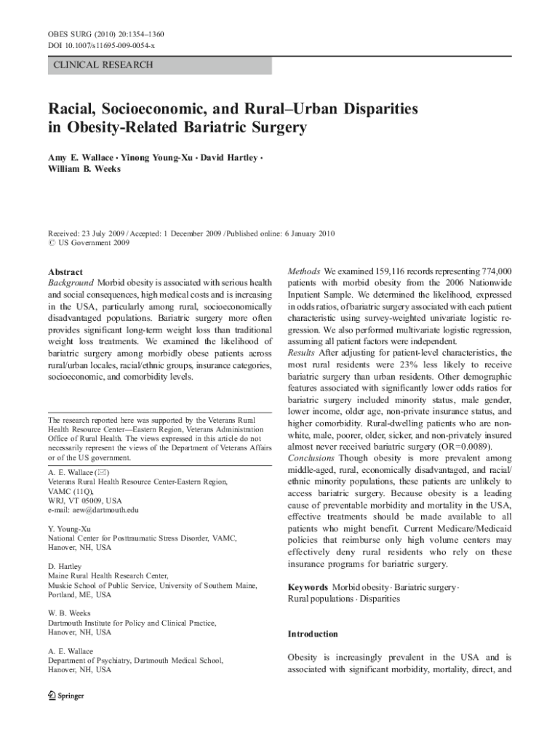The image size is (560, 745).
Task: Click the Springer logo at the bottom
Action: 65,695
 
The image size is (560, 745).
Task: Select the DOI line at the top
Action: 101,46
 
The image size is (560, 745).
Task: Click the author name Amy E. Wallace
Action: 80,158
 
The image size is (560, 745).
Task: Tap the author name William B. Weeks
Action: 84,170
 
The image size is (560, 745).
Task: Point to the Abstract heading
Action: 65,272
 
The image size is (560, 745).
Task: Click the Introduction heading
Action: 313,634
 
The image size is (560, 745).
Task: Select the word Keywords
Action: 308,586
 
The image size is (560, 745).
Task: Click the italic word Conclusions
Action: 311,458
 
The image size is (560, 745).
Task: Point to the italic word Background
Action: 71,282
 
